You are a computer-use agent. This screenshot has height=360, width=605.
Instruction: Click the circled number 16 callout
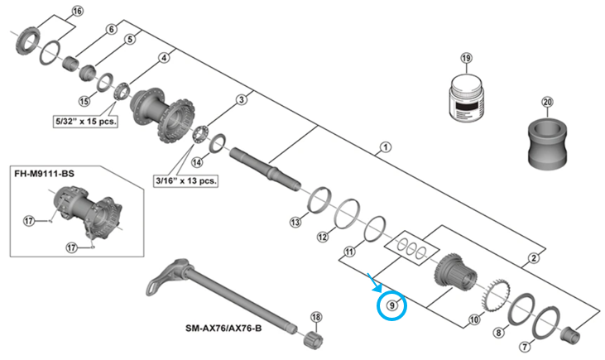(78, 12)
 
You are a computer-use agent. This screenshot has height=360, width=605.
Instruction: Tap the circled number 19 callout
(466, 59)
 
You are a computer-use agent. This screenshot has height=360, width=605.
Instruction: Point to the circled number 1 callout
(385, 149)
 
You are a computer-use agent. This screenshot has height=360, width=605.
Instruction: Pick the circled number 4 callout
(164, 58)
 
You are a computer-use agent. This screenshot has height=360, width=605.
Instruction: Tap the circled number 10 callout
(473, 318)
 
